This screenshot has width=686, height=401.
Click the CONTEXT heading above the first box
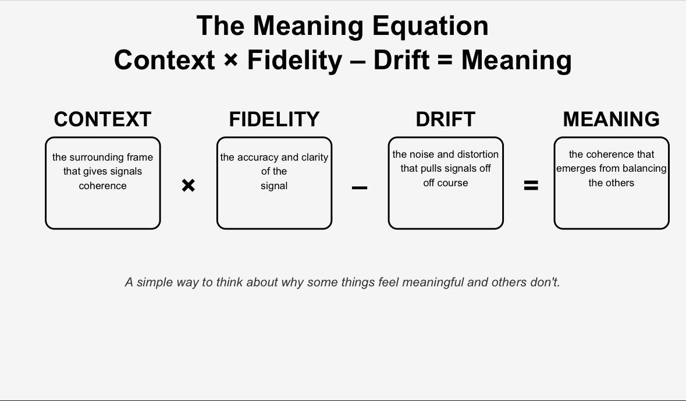(102, 119)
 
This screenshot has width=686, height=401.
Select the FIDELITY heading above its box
(274, 119)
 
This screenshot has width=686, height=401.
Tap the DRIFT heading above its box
(445, 119)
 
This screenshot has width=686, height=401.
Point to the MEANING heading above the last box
(611, 119)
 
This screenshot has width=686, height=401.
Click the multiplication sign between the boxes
(188, 186)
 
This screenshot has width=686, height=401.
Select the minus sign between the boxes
(360, 188)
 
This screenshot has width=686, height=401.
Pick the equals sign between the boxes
(531, 186)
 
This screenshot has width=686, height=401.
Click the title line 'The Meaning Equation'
(343, 26)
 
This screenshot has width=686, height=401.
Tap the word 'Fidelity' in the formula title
(295, 60)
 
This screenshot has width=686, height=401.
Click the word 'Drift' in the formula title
(401, 60)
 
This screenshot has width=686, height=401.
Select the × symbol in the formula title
(230, 60)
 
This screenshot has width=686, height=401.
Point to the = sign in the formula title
(445, 61)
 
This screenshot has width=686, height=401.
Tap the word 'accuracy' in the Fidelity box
(255, 157)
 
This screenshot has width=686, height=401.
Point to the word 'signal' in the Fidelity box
(274, 186)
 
